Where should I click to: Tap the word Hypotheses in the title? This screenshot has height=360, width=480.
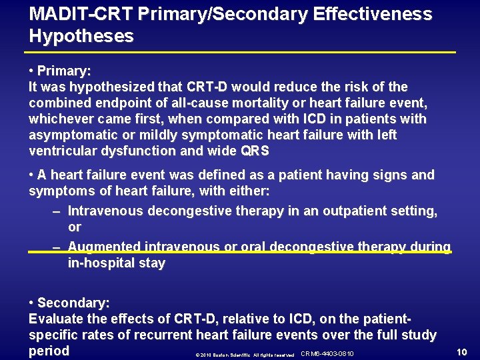point(81,36)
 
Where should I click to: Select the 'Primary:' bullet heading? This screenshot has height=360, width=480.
point(64,71)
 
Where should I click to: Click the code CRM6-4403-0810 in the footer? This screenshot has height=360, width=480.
point(327,353)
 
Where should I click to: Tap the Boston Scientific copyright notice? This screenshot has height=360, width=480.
point(245,354)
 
